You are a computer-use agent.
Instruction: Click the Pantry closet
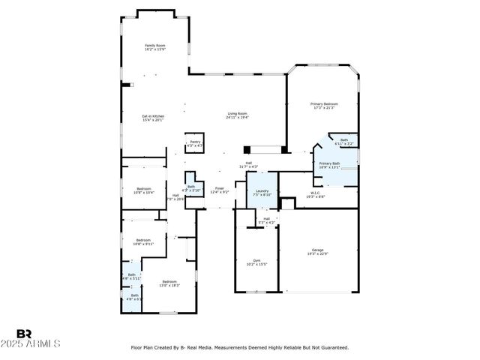click(x=194, y=142)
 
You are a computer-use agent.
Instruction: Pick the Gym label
click(x=256, y=262)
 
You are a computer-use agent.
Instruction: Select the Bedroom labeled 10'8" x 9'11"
click(x=143, y=241)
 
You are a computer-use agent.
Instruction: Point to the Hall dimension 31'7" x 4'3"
click(x=248, y=166)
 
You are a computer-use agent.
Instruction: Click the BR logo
click(x=25, y=333)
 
